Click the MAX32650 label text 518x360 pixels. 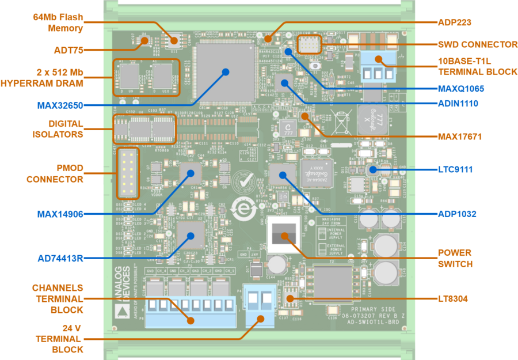coord(60,106)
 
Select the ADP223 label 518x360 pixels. coord(455,23)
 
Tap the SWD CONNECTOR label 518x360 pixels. coord(478,44)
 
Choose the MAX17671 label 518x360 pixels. coord(459,137)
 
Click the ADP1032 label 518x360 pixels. coord(456,214)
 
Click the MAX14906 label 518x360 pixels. coord(60,214)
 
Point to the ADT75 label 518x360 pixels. coord(69,50)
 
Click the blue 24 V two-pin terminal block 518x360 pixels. coord(258,305)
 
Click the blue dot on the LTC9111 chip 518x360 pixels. coord(372,169)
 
